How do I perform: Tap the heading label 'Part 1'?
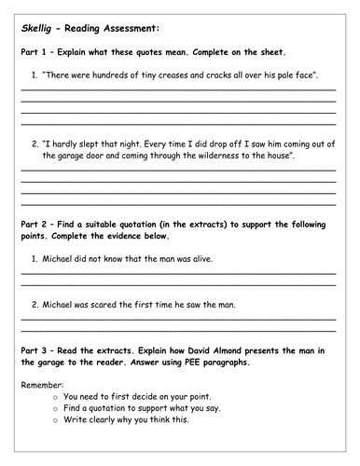pyautogui.click(x=34, y=52)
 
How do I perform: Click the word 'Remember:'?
pyautogui.click(x=39, y=384)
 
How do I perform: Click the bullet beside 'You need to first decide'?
pyautogui.click(x=57, y=395)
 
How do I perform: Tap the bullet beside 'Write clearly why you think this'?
pyautogui.click(x=57, y=419)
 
